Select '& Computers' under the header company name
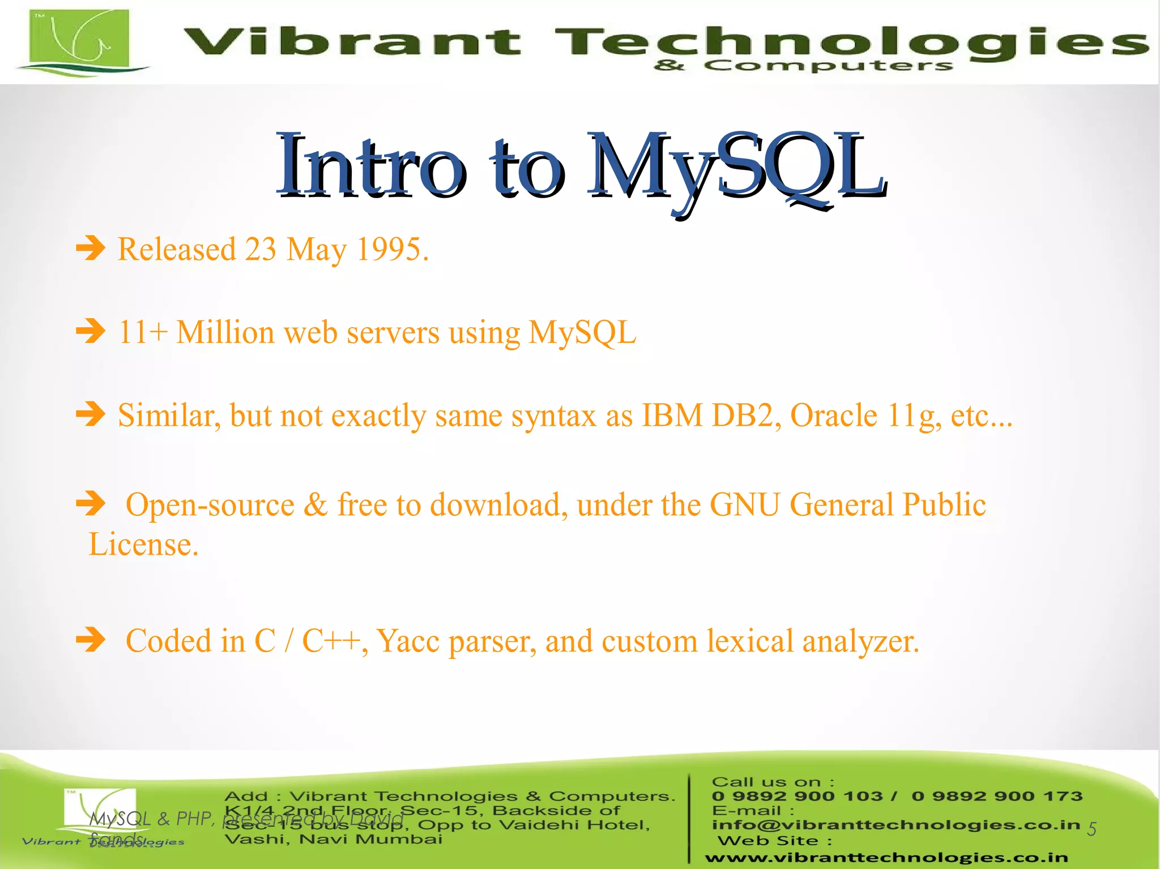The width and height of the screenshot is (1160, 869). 803,66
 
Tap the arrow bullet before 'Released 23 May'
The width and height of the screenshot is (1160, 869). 91,248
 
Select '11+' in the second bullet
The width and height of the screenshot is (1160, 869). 142,332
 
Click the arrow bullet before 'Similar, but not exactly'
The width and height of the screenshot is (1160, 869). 91,414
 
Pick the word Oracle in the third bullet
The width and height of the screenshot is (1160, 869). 833,416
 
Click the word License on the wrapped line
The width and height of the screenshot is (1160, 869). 143,545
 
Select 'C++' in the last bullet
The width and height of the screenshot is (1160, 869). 331,641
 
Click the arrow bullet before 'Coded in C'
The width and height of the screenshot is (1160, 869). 91,640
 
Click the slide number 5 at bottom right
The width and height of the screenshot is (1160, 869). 1091,829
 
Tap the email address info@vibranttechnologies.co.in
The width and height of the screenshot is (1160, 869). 895,825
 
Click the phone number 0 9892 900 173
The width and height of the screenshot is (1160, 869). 997,796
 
